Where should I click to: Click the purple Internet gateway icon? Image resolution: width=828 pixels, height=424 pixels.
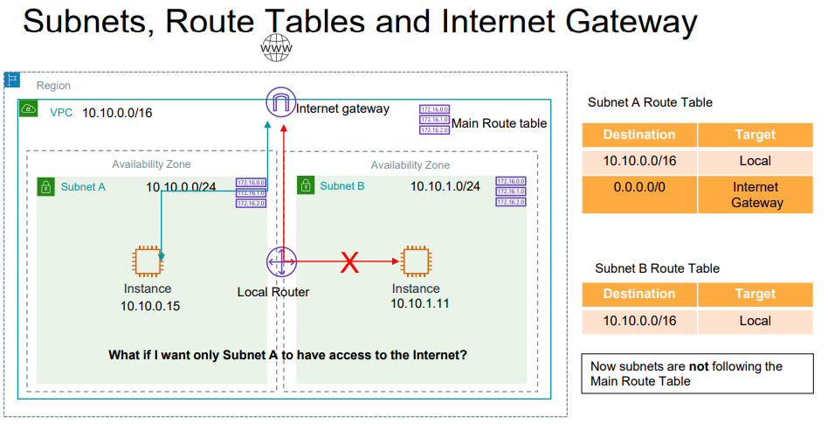281,103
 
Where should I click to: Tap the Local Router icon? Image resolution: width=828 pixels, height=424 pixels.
281,261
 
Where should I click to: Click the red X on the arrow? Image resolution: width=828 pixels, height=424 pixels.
349,261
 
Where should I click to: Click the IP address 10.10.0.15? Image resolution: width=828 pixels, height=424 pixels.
149,305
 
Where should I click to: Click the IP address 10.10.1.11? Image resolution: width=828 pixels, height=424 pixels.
418,302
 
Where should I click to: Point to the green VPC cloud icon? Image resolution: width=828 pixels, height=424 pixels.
29,110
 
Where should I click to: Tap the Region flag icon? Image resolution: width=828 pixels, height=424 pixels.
12,80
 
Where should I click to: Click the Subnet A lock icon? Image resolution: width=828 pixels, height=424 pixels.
45,185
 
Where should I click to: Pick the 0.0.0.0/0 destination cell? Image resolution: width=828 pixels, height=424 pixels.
639,187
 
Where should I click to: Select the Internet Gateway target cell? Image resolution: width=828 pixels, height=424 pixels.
756,195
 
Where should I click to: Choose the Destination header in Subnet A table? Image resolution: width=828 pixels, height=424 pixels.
639,135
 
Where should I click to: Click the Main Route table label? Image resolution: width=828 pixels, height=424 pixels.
499,123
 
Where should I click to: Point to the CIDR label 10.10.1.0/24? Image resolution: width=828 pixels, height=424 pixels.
445,186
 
